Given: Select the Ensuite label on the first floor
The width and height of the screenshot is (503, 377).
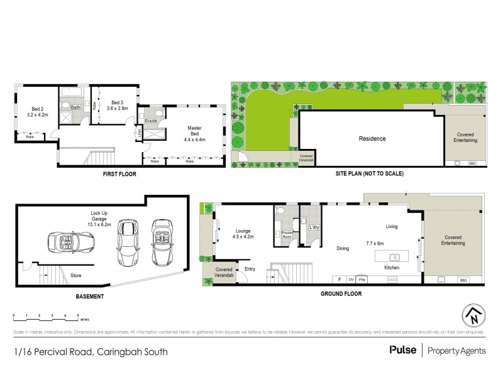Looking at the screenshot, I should [x=151, y=120].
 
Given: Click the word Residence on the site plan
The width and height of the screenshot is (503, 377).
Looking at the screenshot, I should [x=372, y=139].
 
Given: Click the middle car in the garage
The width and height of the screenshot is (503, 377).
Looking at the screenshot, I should [x=128, y=240].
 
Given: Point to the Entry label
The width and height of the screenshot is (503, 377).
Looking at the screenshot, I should [x=250, y=270].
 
